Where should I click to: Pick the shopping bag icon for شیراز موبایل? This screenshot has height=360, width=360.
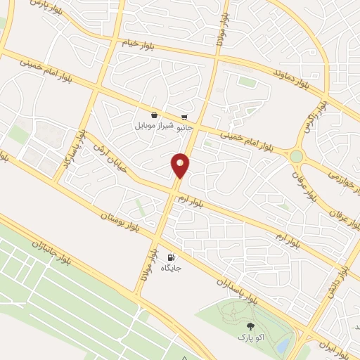click(x=154, y=115)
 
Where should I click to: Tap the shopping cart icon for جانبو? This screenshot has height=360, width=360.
click(x=184, y=117)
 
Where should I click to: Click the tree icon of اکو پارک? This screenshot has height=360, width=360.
click(x=250, y=326)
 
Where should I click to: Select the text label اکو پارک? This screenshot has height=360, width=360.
click(x=250, y=337)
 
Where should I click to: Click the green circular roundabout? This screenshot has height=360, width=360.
click(x=297, y=155)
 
